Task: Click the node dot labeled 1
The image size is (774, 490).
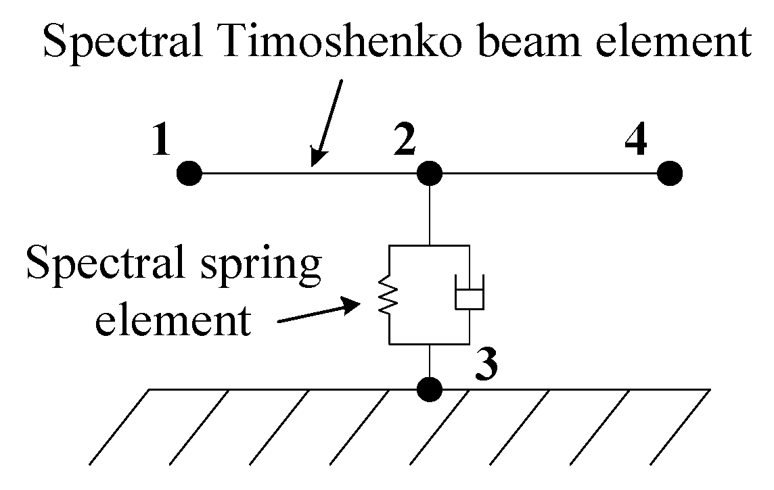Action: [x=189, y=174]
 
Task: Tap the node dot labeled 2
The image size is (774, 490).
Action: [x=430, y=174]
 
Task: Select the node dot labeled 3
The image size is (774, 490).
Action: [x=430, y=389]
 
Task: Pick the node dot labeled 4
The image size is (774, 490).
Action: [x=670, y=174]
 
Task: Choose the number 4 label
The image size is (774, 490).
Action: [x=636, y=141]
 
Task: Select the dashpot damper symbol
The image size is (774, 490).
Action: [x=469, y=296]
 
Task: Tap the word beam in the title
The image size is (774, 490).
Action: [x=534, y=42]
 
